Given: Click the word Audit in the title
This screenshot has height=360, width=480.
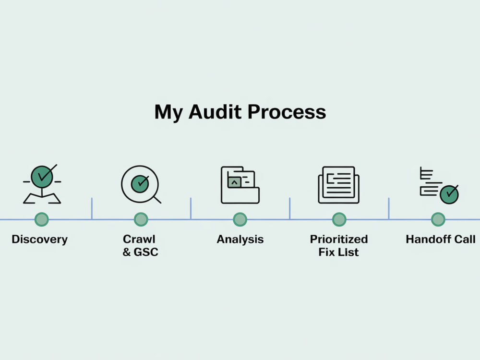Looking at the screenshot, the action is click(215, 112).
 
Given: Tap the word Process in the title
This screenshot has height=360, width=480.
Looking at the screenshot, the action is click(287, 112).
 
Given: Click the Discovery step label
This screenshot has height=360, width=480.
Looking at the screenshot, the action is click(39, 240).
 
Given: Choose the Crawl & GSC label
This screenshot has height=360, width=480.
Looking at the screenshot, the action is click(140, 245).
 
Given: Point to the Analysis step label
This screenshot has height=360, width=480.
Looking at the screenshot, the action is click(240, 240).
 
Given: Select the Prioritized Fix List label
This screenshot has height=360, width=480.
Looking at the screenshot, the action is click(339, 245).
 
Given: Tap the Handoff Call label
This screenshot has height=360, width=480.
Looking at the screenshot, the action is click(441, 240).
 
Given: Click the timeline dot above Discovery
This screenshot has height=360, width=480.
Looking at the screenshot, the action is click(42, 219).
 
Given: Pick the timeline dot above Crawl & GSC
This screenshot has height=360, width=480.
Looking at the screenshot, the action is click(141, 219).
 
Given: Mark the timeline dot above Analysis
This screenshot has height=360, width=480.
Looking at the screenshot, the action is click(240, 219).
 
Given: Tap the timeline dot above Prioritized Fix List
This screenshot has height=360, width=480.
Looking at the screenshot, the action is click(339, 219).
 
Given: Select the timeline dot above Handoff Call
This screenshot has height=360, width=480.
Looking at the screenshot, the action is click(438, 219).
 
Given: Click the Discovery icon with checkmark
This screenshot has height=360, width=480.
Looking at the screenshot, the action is click(42, 184).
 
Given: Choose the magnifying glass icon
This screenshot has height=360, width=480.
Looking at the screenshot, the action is click(141, 184).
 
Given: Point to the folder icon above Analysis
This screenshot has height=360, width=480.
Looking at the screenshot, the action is click(240, 185).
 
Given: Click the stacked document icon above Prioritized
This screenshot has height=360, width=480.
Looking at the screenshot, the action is click(339, 185).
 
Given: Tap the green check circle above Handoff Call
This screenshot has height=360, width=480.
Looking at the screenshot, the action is click(449, 194).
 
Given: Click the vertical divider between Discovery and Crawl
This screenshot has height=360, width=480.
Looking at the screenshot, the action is click(92, 208).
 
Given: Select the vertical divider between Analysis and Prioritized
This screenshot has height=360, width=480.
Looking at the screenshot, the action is click(289, 208).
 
